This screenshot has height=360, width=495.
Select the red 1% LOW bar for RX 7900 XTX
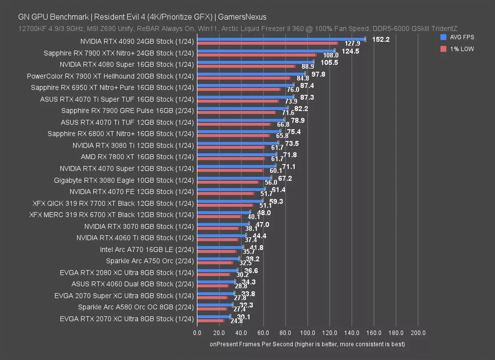pos(256,55)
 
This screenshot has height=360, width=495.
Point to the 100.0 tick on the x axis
pos(307,333)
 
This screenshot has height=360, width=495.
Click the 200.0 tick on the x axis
pos(418,333)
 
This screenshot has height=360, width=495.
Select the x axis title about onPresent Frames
pos(307,344)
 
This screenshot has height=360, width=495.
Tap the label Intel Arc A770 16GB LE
pos(147,250)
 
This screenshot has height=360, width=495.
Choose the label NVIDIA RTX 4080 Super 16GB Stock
pos(127,64)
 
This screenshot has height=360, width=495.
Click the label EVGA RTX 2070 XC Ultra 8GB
pos(127,319)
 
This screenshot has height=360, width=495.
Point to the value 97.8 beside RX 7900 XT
pos(318,74)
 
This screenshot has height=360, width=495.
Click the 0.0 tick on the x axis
pos(197,333)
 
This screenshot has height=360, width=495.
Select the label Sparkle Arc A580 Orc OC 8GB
pos(136,307)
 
